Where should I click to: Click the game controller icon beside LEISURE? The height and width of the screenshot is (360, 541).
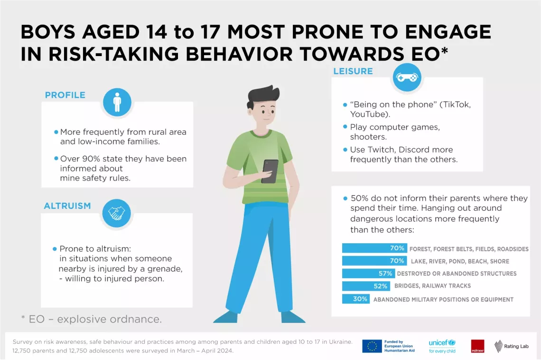pos(407,77)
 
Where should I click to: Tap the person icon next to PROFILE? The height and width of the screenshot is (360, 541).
pos(117,102)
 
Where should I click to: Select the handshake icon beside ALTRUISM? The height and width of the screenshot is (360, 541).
pos(117,213)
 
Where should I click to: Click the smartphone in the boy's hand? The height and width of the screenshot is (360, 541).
pos(270,171)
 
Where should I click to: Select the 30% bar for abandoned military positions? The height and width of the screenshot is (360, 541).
pos(356,299)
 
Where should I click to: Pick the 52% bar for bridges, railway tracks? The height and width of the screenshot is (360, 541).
pos(366,286)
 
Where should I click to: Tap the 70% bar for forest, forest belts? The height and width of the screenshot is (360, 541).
pos(375,248)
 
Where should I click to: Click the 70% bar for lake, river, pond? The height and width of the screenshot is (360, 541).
pos(375,261)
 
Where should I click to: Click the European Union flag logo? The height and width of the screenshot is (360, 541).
pos(372,346)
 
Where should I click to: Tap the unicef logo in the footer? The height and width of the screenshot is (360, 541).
pos(442,346)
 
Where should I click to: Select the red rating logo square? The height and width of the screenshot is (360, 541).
pos(477,346)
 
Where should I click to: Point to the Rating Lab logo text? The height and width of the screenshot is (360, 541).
pos(516,346)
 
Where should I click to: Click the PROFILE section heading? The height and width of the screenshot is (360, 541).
pos(65,95)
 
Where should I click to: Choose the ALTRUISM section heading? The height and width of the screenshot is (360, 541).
pos(67,206)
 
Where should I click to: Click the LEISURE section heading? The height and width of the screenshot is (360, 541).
pos(353,71)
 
